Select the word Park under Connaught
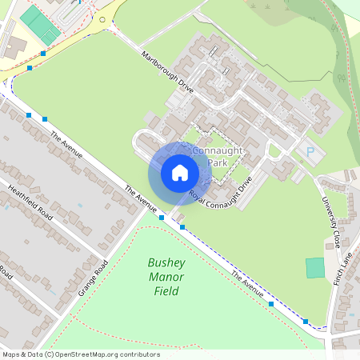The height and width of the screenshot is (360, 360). [x=218, y=162]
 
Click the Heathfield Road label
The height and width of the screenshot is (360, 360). [x=30, y=203]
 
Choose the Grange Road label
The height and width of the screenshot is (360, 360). [x=94, y=276]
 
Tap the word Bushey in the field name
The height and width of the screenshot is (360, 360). [x=166, y=263]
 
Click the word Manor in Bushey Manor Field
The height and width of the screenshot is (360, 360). [x=166, y=278]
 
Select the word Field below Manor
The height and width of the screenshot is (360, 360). [x=166, y=292]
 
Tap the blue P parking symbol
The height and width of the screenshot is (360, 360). [x=310, y=152]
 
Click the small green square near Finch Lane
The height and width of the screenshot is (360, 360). [x=315, y=267]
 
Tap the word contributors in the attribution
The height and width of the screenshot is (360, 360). [x=139, y=354]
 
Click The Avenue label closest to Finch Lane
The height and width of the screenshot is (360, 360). [x=248, y=284]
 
